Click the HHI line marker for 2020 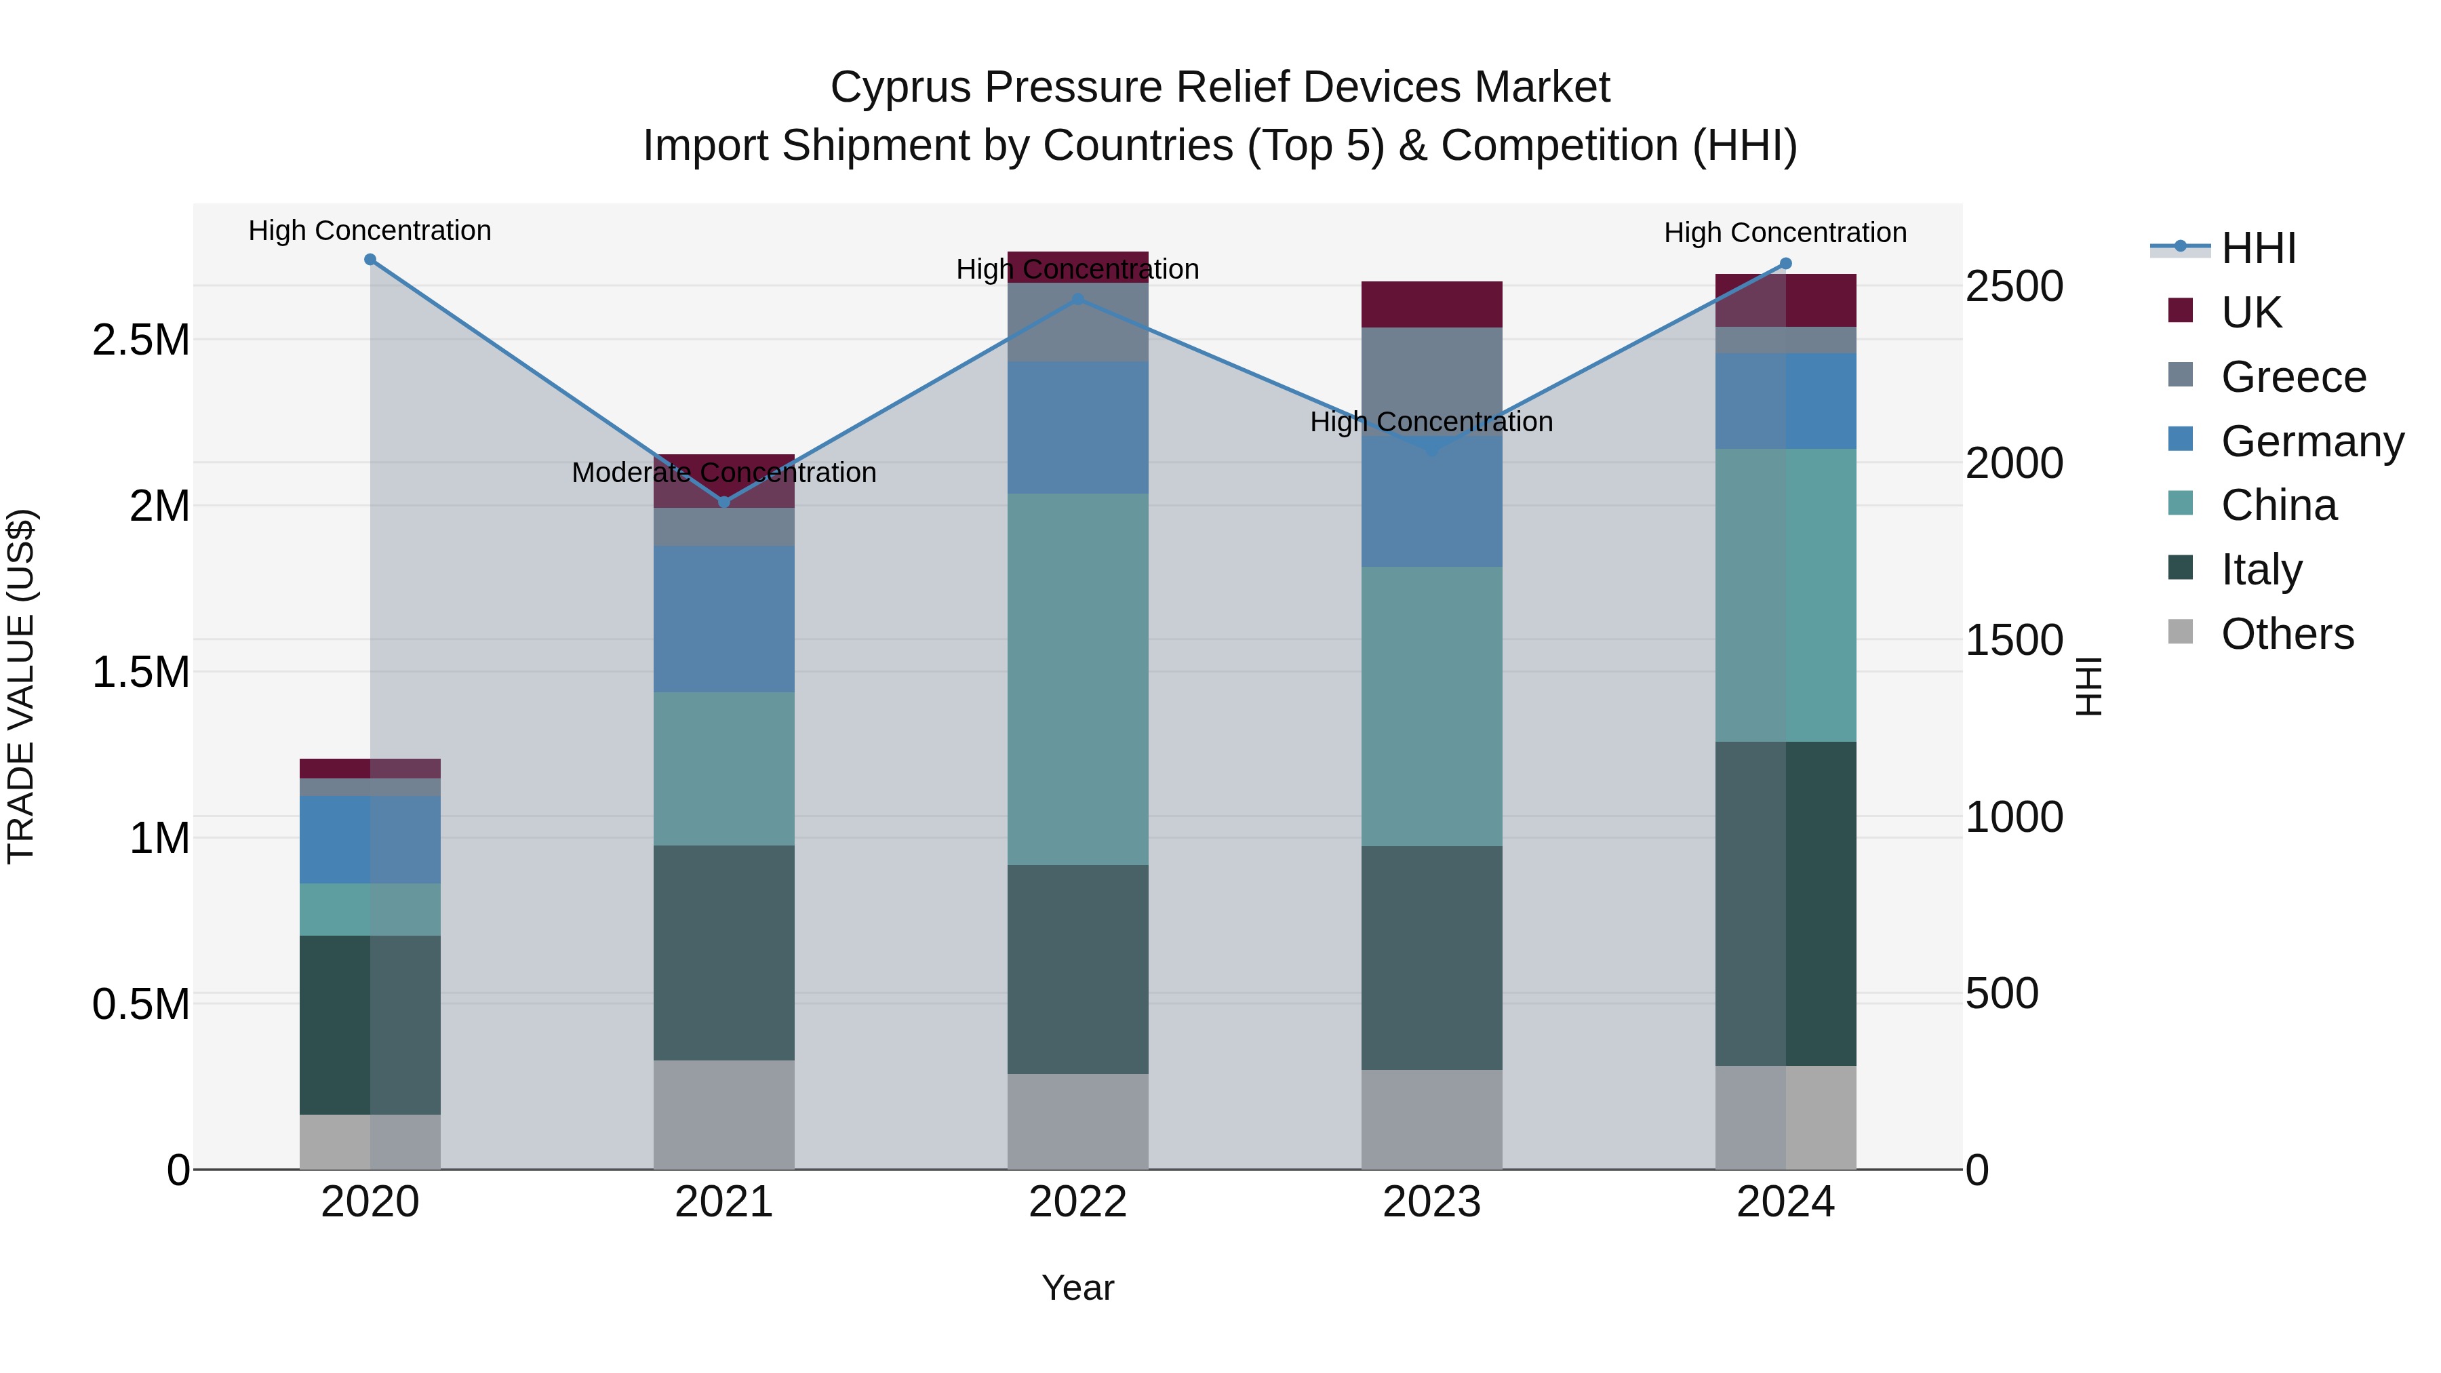coord(370,260)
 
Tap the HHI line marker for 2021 coord(725,501)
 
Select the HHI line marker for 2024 coord(1785,264)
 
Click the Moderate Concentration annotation coord(724,472)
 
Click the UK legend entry coord(2250,313)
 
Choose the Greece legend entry coord(2293,377)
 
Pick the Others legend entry coord(2286,634)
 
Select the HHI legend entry coord(2258,248)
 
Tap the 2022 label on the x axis coord(1077,1202)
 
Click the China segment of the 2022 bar coord(1077,679)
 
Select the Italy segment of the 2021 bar coord(724,953)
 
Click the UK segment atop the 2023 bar coord(1432,304)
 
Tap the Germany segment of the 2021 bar coord(724,619)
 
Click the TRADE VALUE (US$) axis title coord(21,686)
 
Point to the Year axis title coord(1077,1289)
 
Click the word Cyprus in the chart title coord(900,88)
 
